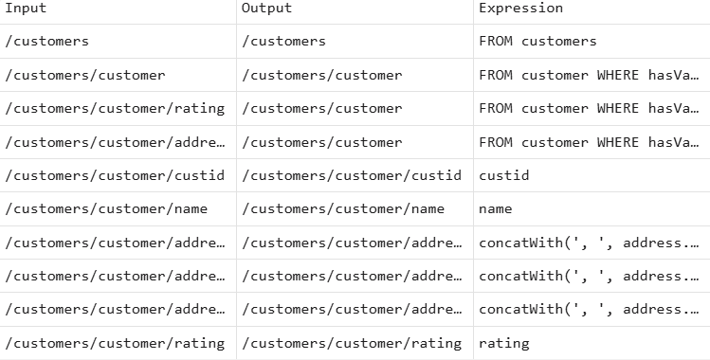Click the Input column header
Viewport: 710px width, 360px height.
(x=26, y=9)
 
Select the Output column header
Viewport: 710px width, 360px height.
(x=266, y=9)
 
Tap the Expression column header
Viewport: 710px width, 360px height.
(x=520, y=9)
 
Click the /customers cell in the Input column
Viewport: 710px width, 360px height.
(x=47, y=42)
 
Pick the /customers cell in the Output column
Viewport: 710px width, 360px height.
(x=283, y=42)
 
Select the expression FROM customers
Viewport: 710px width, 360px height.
(x=537, y=42)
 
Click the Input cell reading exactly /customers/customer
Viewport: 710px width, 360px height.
(x=85, y=75)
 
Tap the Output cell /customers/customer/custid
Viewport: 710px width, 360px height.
(x=351, y=176)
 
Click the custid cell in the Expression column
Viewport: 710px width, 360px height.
(x=503, y=176)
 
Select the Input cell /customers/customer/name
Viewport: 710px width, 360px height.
(x=106, y=208)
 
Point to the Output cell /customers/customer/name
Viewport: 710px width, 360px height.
(x=342, y=208)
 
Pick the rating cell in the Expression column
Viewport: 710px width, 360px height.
(x=503, y=343)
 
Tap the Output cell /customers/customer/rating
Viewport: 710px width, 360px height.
(x=351, y=343)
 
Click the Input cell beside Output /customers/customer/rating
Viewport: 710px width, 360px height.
(x=115, y=343)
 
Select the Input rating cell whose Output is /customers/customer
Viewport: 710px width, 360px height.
(x=115, y=108)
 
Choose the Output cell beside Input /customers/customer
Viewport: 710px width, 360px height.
(x=321, y=75)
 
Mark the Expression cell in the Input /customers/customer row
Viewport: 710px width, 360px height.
(x=588, y=75)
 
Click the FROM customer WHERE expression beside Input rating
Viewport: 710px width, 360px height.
(x=588, y=108)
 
